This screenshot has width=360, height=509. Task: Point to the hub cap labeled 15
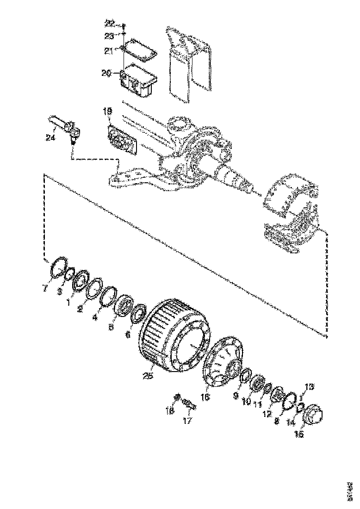click(314, 413)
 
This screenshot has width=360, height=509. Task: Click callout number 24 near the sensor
click(50, 137)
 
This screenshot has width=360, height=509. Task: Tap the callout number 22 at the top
click(109, 23)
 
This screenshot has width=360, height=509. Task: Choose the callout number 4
click(94, 317)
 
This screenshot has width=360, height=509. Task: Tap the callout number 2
click(80, 309)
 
